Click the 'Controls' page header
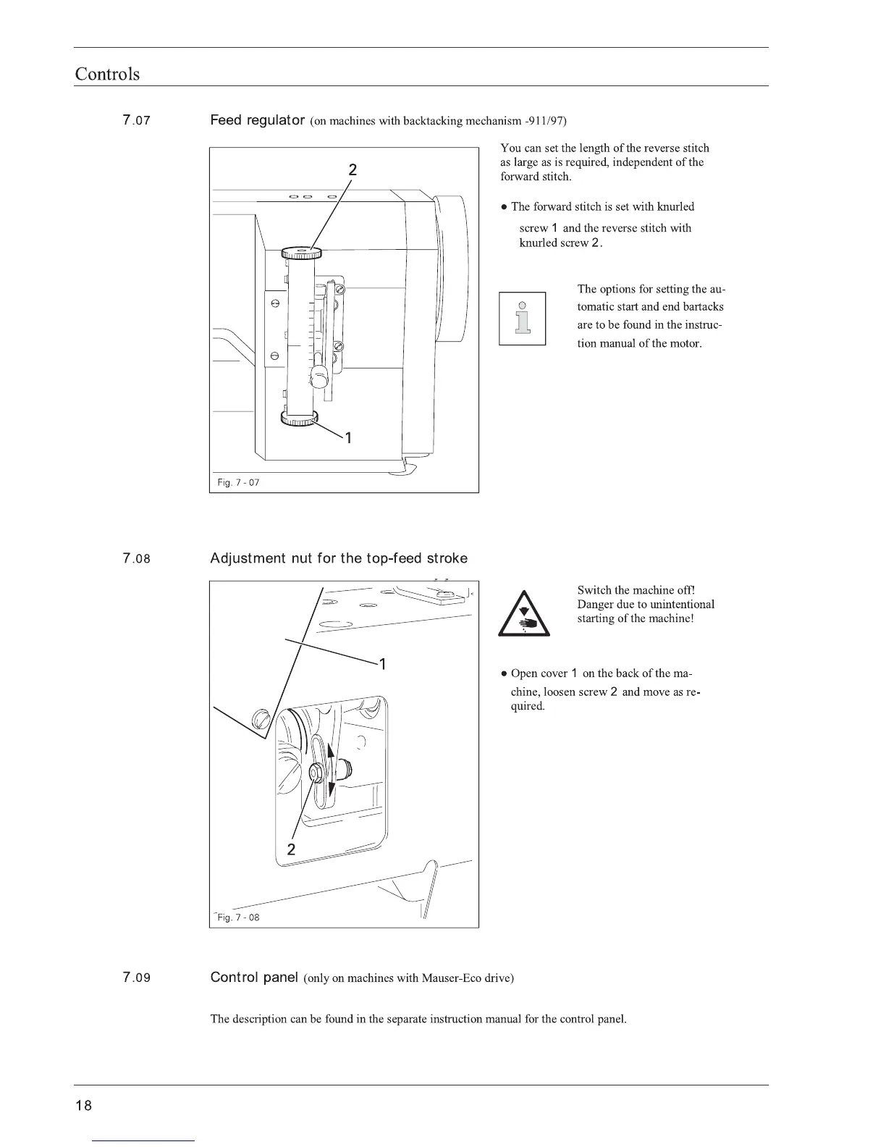click(107, 74)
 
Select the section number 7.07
click(137, 120)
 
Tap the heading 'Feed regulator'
click(256, 120)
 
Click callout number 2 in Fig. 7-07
click(353, 170)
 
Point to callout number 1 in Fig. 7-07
click(348, 437)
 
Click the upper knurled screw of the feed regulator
click(301, 253)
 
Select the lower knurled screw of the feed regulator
click(299, 419)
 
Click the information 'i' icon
click(522, 319)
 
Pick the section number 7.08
click(137, 558)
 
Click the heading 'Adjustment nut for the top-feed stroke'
click(339, 558)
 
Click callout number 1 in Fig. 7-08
click(382, 664)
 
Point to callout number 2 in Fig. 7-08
click(291, 849)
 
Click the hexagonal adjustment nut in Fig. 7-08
click(317, 772)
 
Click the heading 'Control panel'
click(254, 978)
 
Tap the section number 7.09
click(137, 978)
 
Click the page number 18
click(83, 1106)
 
